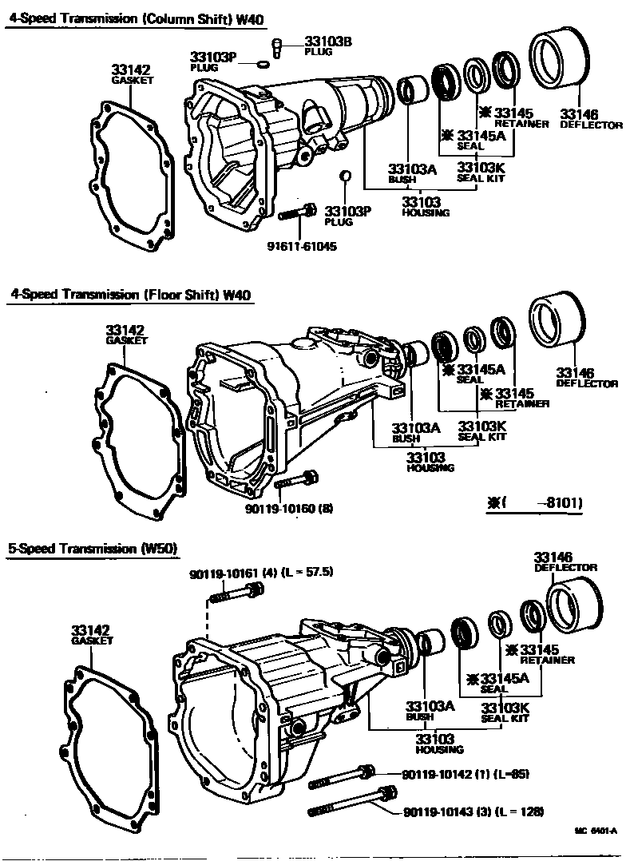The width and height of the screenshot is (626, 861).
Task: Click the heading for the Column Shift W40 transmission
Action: (136, 18)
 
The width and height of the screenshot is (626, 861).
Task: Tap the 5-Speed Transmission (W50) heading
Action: (92, 549)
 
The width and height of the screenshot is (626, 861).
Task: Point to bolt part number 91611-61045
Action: (301, 246)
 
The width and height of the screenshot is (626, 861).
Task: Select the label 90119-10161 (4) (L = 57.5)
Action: (260, 573)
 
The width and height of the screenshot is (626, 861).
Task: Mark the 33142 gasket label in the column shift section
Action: (132, 74)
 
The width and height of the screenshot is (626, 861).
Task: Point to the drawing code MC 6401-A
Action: (596, 831)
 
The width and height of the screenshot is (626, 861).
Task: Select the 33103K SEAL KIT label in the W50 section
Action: (505, 712)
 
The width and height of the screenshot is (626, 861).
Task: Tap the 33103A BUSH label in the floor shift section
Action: (414, 432)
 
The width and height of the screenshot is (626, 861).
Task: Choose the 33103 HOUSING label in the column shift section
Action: (425, 206)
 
